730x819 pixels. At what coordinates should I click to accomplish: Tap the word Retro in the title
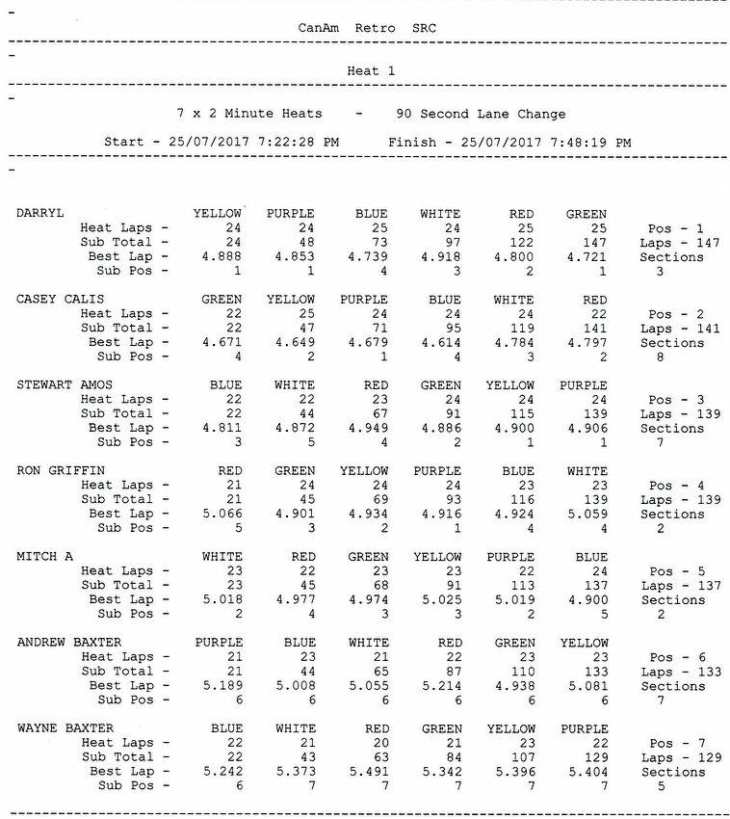(374, 28)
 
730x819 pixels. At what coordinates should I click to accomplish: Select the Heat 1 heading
(371, 70)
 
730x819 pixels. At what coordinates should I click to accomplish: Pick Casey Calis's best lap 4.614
(440, 342)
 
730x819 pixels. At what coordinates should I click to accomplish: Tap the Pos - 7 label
(676, 743)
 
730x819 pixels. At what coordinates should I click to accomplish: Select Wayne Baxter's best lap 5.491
(367, 772)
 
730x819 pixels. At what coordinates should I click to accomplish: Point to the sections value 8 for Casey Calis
(659, 357)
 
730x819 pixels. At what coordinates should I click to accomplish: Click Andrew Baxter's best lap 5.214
(440, 686)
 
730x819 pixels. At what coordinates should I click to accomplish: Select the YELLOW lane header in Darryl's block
(218, 214)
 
